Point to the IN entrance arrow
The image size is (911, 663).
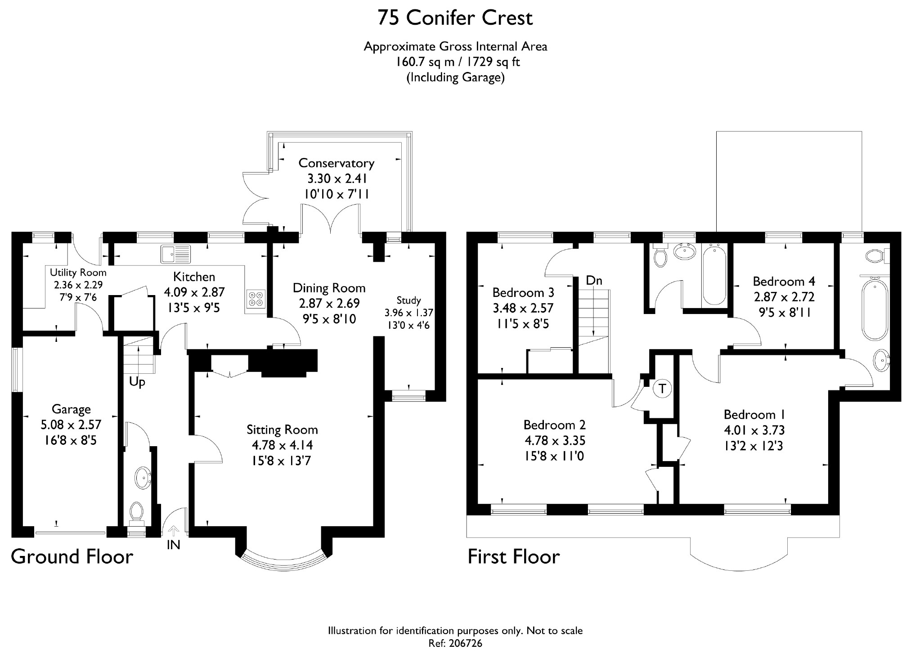(174, 532)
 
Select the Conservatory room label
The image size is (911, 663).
(336, 163)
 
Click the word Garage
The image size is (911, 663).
(71, 409)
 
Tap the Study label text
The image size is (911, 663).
(408, 300)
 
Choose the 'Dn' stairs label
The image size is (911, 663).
(594, 280)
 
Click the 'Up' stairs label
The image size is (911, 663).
(137, 382)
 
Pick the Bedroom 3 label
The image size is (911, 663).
(523, 293)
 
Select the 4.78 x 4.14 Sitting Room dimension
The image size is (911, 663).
(282, 445)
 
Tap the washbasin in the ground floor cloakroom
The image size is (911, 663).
(144, 477)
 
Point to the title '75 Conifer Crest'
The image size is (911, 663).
(455, 18)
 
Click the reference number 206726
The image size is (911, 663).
(465, 644)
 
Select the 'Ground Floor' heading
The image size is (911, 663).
(72, 557)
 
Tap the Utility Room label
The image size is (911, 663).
(78, 273)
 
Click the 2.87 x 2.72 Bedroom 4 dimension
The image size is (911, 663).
(784, 297)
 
